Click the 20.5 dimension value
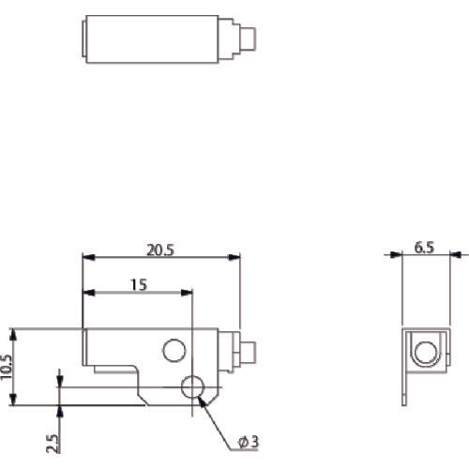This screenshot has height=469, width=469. point(160,250)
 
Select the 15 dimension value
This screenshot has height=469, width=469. point(139,286)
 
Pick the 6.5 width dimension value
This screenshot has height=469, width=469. point(424,249)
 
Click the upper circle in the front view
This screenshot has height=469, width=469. point(174,351)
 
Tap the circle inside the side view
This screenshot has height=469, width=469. point(424,353)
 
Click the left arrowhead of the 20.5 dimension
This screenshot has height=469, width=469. point(87,257)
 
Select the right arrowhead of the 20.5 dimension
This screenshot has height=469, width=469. point(235,257)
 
